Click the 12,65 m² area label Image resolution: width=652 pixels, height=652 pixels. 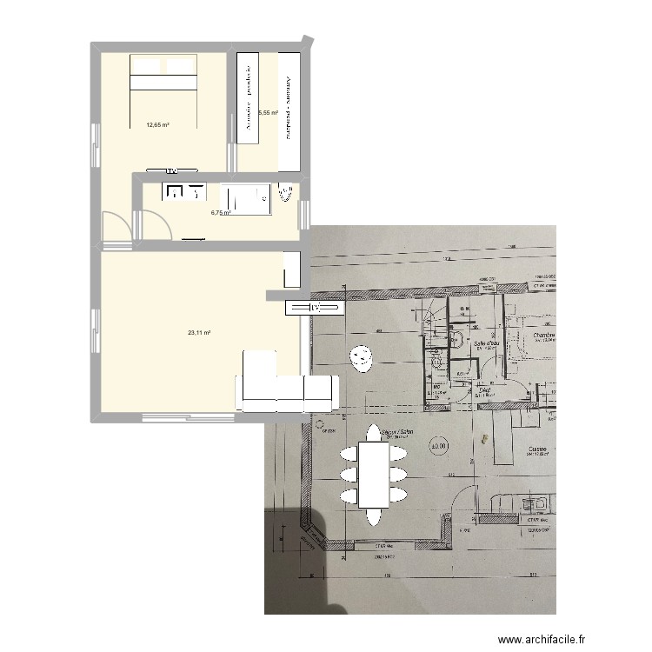pyautogui.click(x=157, y=125)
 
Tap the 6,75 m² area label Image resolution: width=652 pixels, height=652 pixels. pyautogui.click(x=221, y=211)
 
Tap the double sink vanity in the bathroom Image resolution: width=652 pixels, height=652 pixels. pyautogui.click(x=184, y=191)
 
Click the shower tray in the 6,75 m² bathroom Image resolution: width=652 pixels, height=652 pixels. pyautogui.click(x=245, y=198)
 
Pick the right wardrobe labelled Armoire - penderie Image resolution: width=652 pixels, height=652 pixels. pyautogui.click(x=289, y=110)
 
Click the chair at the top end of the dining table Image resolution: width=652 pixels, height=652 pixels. pyautogui.click(x=374, y=432)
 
